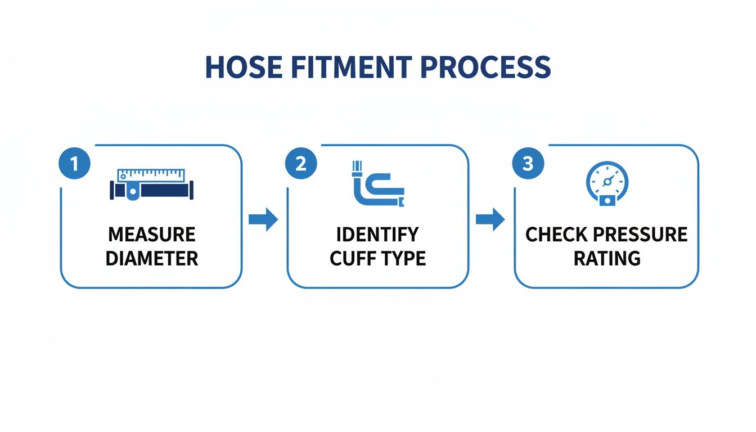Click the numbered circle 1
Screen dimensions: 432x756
tap(74, 164)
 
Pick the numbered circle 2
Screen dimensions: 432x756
tap(301, 164)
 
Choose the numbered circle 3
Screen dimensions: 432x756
tap(528, 164)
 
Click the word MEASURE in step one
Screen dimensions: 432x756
tap(152, 234)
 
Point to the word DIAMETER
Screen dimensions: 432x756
tap(152, 258)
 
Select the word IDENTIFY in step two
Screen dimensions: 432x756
tap(377, 234)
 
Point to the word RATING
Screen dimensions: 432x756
tap(607, 258)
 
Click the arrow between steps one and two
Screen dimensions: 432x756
tap(263, 219)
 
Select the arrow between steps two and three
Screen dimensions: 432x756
tap(490, 219)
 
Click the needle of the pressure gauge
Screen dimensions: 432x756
tap(608, 181)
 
